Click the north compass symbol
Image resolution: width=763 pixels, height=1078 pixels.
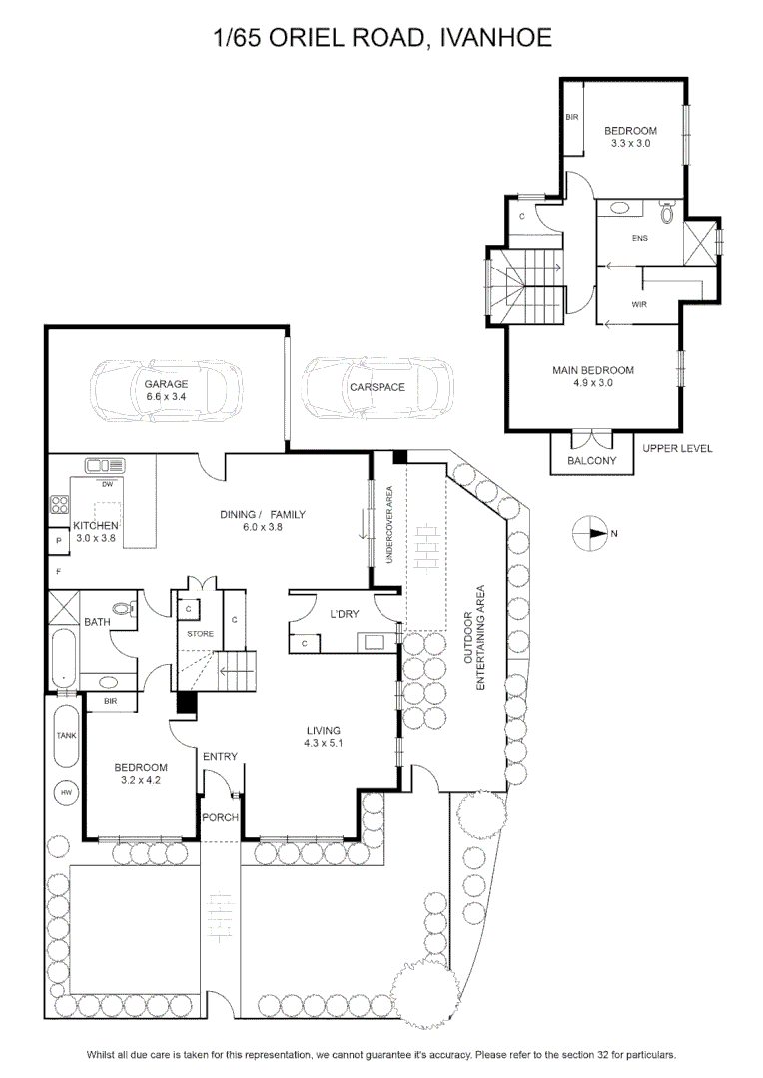(x=590, y=533)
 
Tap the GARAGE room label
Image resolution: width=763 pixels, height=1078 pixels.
(x=166, y=384)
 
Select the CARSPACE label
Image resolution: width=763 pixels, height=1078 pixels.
(x=378, y=387)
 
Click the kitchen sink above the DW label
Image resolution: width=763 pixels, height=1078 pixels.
(x=105, y=465)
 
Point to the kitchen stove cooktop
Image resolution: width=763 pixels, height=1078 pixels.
(x=59, y=505)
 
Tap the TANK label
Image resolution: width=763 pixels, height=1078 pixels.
(x=66, y=735)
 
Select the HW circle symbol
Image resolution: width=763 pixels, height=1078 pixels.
(x=67, y=792)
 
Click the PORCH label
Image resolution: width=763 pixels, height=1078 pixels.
(x=220, y=818)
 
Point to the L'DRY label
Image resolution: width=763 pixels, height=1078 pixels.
(x=344, y=613)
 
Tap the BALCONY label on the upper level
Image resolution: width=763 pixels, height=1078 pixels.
(x=591, y=460)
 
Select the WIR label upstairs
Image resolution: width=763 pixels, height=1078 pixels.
(x=639, y=304)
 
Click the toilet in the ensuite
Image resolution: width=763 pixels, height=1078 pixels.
(x=667, y=211)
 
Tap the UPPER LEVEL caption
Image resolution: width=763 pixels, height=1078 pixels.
(x=678, y=448)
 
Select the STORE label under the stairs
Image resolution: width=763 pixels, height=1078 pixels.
(x=200, y=633)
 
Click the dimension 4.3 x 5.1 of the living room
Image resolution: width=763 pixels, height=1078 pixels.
(x=324, y=744)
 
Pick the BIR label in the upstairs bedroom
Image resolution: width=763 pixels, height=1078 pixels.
(x=572, y=117)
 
